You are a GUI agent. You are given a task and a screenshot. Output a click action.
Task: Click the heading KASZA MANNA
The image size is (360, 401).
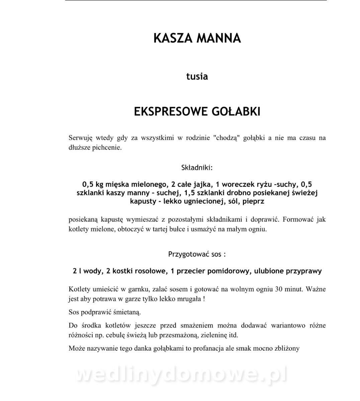(x=197, y=38)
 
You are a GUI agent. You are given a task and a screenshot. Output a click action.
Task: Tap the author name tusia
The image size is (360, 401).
(x=197, y=77)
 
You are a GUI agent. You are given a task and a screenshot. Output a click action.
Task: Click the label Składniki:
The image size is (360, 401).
(x=197, y=167)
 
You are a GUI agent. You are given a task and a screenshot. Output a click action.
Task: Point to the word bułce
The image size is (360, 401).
(x=171, y=230)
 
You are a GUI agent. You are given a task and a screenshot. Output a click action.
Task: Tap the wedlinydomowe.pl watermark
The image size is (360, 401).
(x=181, y=375)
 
